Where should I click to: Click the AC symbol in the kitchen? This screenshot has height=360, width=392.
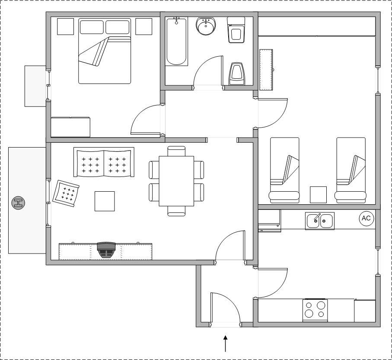coord(366,218)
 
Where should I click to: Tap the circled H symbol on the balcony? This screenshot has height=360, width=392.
coord(18,202)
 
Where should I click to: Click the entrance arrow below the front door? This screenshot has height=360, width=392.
coord(226,344)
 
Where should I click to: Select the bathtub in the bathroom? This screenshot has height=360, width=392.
coord(176,41)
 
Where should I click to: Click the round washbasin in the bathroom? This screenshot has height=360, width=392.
coord(206,26)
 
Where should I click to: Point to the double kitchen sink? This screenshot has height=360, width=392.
coord(320,221)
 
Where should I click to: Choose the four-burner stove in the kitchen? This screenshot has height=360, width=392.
coord(315,310)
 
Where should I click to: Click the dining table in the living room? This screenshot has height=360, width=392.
coord(176,181)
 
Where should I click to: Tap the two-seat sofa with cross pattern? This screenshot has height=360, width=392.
coord(104,162)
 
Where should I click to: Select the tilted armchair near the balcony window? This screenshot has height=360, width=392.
coord(66,193)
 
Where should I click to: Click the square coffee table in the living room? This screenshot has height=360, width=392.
coord(105,201)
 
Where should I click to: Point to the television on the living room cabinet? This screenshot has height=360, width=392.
coord(106,250)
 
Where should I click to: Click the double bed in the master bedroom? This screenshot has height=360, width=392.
coord(105,51)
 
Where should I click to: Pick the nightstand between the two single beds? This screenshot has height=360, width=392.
coord(318,195)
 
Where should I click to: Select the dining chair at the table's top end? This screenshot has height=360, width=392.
coord(176,151)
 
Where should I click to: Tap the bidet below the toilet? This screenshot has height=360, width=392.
coord(236,74)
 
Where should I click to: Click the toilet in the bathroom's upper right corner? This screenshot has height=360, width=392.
coord(236,30)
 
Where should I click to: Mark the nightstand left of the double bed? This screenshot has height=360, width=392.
coord(66,26)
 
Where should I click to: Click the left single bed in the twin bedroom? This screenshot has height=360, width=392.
coord(284,170)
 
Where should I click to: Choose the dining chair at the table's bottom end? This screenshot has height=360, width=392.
coord(176,211)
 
